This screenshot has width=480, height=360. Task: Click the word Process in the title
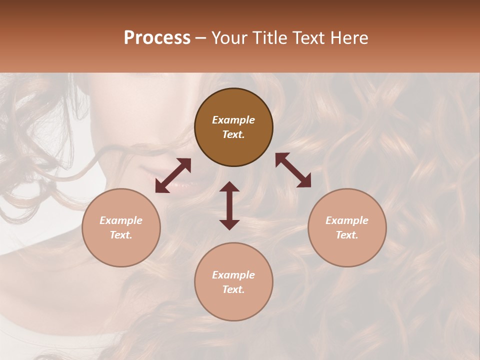click(x=157, y=38)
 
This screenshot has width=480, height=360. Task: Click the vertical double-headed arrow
click(x=229, y=205)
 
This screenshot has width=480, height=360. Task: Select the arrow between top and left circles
click(x=173, y=175)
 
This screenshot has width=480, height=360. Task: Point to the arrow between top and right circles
click(x=293, y=170)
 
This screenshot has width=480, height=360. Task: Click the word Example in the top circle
click(x=233, y=120)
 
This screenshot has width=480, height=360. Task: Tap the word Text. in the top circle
click(x=233, y=134)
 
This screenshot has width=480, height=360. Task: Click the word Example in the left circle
click(x=121, y=220)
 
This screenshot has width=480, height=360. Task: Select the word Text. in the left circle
click(x=121, y=235)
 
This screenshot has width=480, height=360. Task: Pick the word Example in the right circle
click(x=347, y=220)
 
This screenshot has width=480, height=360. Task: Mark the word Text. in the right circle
click(x=347, y=235)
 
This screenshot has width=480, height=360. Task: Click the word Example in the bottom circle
click(x=233, y=275)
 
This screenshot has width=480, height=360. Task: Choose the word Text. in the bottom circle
click(x=233, y=289)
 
